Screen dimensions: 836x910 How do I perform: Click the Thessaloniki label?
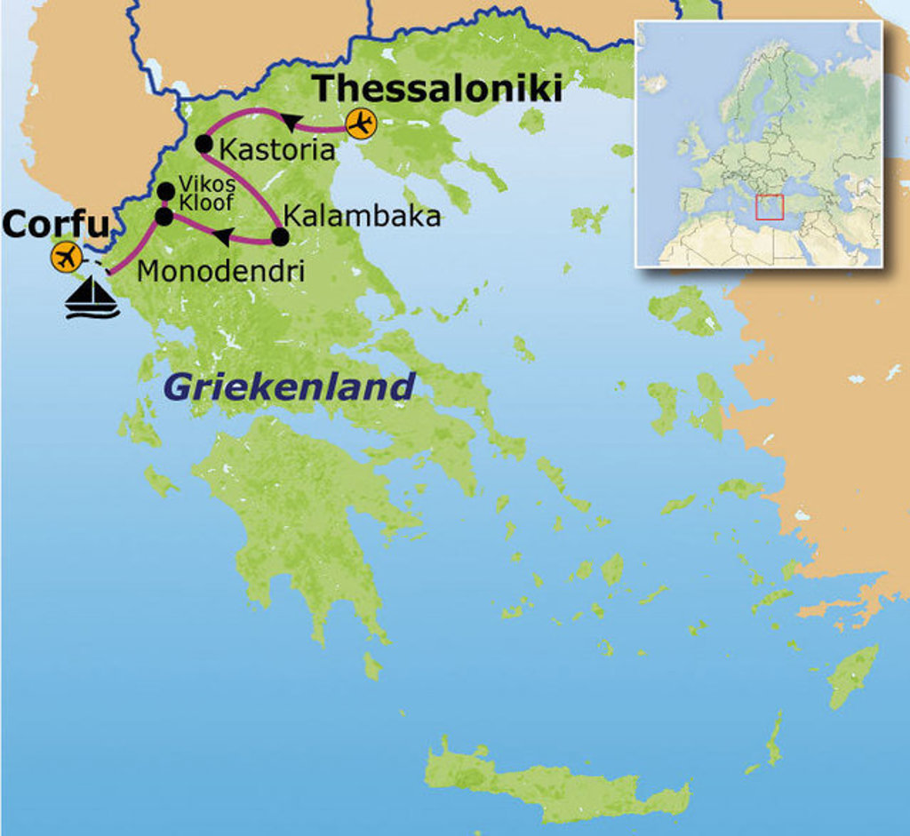pos(438,90)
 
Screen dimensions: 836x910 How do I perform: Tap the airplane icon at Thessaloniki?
pos(361,124)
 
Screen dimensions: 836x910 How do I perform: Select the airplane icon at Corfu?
pos(66,257)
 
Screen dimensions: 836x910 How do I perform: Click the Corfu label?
pos(54,225)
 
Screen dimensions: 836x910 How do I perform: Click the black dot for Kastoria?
pos(204,143)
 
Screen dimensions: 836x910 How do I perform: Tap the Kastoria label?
pos(276,149)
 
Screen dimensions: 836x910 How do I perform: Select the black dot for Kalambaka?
pos(279,237)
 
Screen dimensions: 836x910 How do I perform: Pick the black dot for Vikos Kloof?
pos(165,191)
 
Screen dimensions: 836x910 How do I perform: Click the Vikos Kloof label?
pos(206,193)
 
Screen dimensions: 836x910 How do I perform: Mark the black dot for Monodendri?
pos(164,216)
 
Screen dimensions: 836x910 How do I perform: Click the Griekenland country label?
pos(289,387)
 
